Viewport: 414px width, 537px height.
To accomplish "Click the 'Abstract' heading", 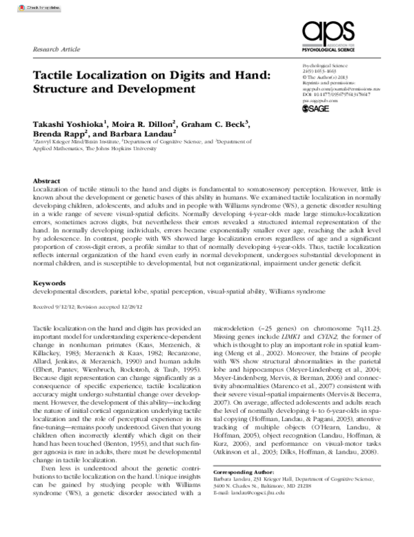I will point(46,179).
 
